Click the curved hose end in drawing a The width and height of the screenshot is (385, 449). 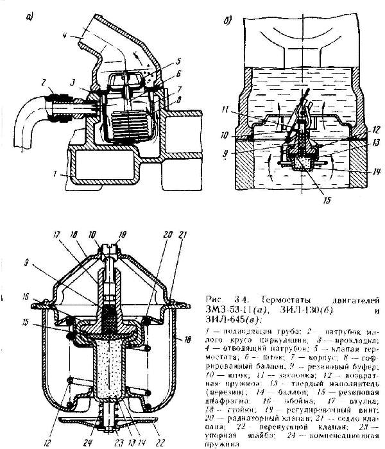pyautogui.click(x=28, y=138)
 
